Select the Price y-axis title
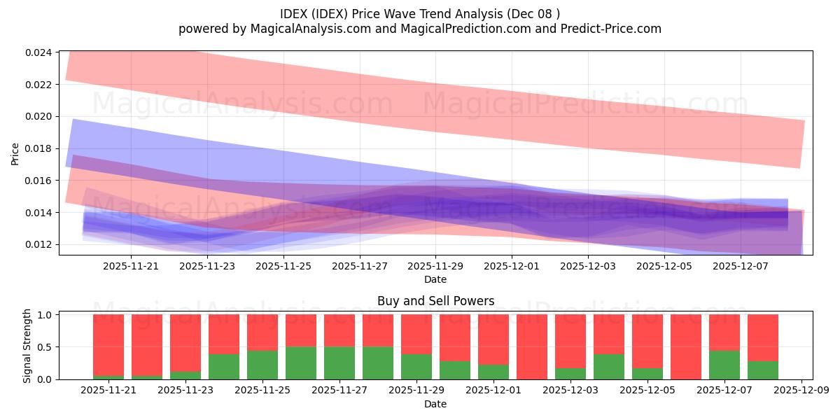[15, 154]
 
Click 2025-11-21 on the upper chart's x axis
[131, 266]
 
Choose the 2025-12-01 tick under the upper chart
[512, 266]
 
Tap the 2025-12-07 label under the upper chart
[740, 266]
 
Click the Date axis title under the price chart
[435, 279]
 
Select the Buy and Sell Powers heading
[435, 301]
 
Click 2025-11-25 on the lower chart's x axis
[262, 391]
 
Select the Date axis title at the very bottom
[435, 404]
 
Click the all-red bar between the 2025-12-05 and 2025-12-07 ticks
[685, 347]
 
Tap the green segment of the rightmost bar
[762, 370]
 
